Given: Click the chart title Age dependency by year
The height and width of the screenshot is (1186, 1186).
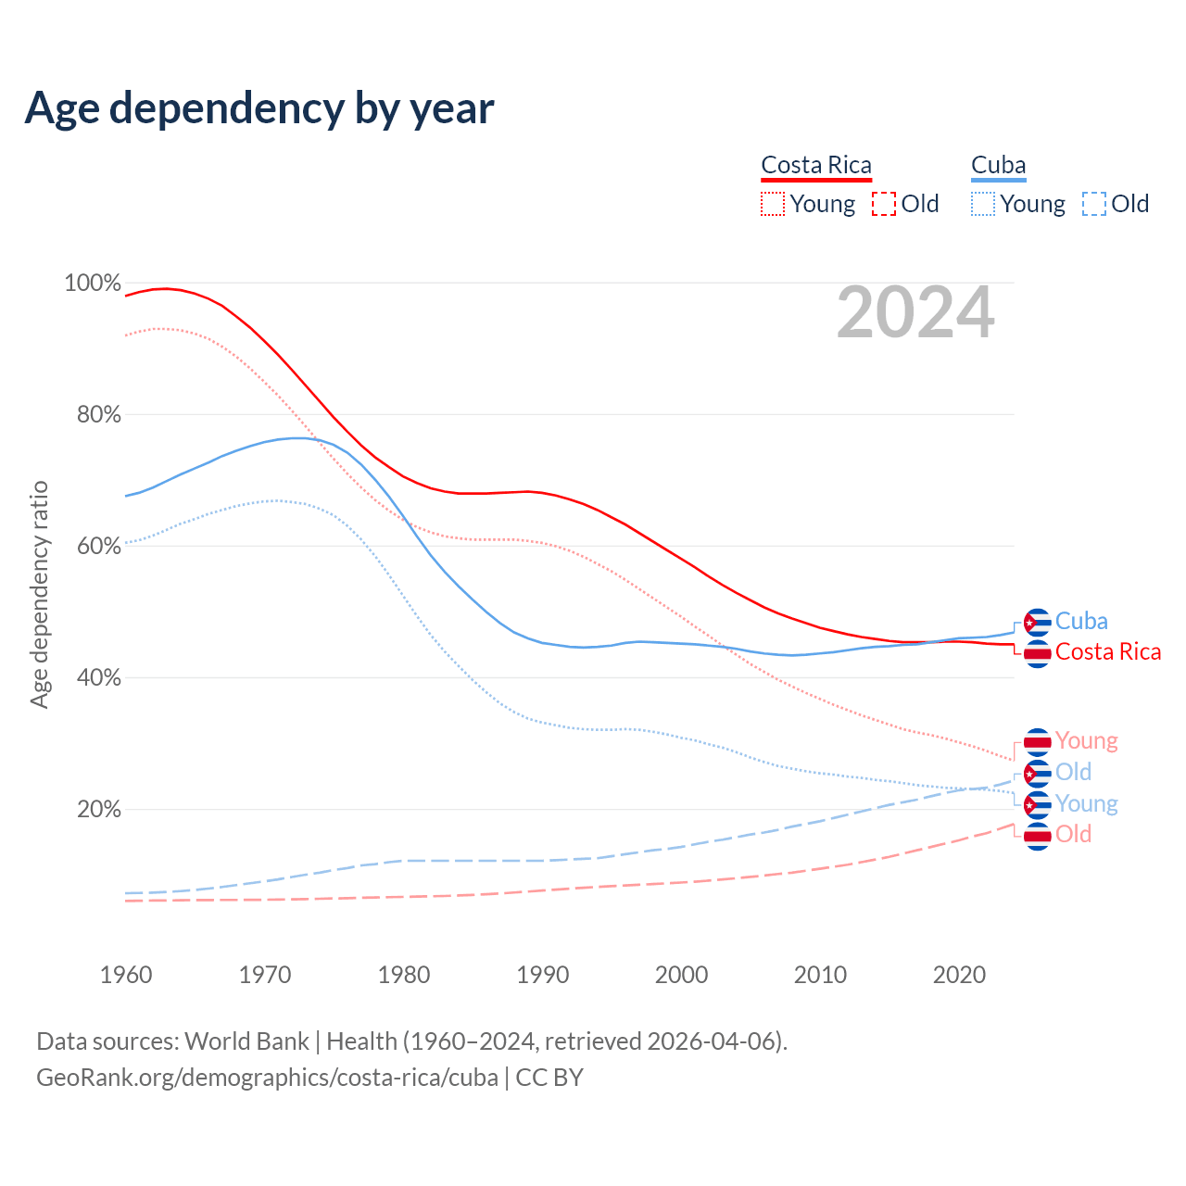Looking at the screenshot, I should pos(259,107).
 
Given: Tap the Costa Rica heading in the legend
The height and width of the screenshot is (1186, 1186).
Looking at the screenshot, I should pos(816,165).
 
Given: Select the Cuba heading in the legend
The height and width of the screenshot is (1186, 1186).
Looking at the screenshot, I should pos(998,165).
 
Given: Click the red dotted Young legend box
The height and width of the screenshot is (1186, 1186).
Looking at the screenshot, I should pos(773,204).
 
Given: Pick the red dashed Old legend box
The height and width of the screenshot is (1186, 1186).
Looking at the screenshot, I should pos(884,204).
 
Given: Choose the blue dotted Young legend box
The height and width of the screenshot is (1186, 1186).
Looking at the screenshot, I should pos(983,204).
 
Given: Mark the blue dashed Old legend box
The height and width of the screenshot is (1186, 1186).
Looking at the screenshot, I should pos(1094,204).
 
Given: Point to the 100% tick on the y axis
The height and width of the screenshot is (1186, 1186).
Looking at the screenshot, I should pos(93,283).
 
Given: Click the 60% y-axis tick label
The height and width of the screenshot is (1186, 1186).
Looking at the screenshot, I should pos(98,546).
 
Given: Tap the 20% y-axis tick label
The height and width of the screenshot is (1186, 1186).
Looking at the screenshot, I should pos(98,809).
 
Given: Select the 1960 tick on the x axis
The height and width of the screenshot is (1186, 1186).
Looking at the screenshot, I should pos(126,975).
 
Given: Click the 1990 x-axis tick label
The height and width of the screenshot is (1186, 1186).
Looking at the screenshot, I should pos(543,975).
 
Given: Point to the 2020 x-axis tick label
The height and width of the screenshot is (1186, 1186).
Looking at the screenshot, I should pos(959,975).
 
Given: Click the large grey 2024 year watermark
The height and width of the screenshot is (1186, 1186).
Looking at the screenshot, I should pos(915,313).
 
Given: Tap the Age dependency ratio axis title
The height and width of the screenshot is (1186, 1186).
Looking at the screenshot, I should pos(39,594).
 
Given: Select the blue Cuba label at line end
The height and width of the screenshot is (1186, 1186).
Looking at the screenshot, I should pos(1081,621).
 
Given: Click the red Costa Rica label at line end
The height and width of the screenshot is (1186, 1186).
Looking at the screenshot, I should pos(1107,651).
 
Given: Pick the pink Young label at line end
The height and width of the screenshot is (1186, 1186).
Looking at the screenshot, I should pos(1086,740).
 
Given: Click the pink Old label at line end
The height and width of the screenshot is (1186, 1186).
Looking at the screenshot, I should pos(1073,834).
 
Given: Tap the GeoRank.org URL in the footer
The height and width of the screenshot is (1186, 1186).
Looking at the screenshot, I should pos(267,1078).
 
